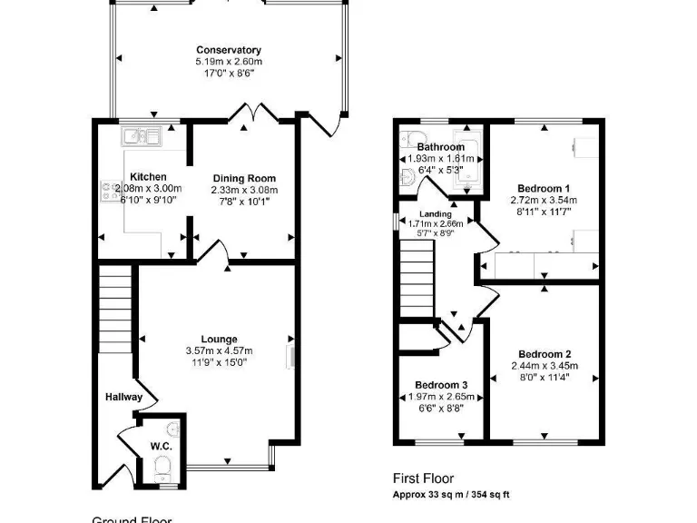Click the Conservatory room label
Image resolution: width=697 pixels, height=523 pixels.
point(229,50)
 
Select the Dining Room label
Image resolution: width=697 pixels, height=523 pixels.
point(244,178)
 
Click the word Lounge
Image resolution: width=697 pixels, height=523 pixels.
point(219,340)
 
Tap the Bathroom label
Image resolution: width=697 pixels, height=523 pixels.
point(441,147)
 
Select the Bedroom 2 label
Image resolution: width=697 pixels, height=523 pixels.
point(545,354)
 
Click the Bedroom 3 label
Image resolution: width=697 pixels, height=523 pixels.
point(443,385)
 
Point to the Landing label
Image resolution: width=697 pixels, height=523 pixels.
point(436,214)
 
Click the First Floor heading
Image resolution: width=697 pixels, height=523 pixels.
point(423,479)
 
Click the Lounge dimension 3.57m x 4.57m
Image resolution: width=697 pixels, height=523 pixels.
point(219,350)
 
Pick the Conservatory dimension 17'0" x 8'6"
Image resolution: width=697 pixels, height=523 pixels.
point(229,73)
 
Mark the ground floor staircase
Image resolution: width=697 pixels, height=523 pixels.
point(115,308)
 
